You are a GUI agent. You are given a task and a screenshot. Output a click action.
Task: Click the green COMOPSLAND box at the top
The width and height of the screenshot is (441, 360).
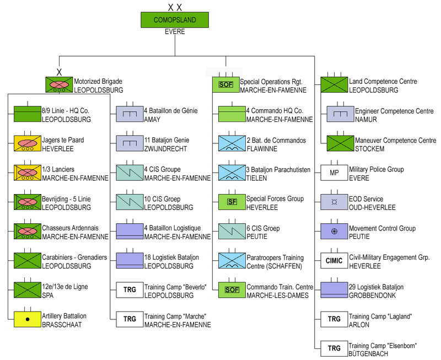tap(175, 20)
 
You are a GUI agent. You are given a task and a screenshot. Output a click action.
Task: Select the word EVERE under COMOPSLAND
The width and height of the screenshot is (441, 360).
tap(175, 31)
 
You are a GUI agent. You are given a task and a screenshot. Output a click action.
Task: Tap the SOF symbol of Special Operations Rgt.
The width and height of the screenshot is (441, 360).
tap(226, 85)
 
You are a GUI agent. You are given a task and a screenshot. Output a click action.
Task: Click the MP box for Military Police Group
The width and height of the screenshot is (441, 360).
tap(335, 173)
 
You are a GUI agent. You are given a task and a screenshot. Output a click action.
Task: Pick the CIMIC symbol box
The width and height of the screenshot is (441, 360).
tap(335, 261)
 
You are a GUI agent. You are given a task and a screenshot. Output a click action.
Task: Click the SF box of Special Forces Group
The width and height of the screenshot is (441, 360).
tap(226, 202)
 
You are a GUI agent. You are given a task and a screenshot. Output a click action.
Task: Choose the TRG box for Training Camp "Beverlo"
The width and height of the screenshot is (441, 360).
tap(130, 290)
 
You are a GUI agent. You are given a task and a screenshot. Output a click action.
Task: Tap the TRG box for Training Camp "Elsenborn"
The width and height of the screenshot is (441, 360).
tap(335, 349)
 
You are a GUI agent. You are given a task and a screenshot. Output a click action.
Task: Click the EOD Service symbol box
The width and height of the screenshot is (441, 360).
tap(335, 202)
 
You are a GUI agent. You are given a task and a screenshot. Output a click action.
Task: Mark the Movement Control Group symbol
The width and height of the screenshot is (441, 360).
tap(335, 231)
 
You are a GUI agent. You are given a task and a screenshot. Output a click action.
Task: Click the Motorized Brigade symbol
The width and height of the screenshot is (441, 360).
tap(59, 85)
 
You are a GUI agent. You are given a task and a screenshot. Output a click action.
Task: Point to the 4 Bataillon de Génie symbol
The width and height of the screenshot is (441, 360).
tap(130, 114)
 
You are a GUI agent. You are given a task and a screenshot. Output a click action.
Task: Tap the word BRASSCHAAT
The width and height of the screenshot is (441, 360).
tap(61, 325)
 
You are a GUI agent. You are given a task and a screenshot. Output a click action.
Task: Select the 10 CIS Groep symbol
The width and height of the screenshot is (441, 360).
tap(130, 202)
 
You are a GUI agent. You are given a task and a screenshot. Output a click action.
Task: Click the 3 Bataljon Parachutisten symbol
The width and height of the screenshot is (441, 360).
tap(226, 173)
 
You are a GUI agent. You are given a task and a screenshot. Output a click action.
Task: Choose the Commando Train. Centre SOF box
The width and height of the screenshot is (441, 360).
tap(226, 290)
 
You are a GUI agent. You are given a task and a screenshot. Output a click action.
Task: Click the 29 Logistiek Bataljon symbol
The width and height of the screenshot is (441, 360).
tap(335, 290)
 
